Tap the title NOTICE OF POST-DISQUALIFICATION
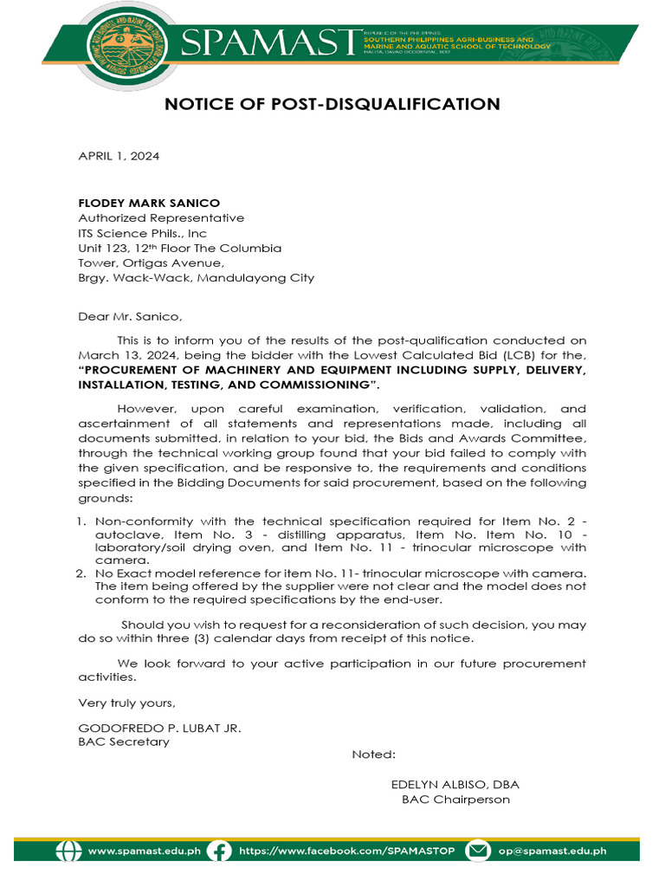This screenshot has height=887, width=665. [x=332, y=105]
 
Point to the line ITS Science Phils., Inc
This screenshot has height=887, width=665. [x=143, y=233]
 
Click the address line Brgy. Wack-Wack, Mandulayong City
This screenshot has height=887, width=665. [x=196, y=278]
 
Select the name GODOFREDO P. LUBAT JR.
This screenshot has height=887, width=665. [x=159, y=728]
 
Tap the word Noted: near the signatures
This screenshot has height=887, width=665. [x=373, y=754]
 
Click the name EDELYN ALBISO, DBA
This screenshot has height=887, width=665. [x=455, y=785]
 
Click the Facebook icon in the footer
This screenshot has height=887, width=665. [x=220, y=851]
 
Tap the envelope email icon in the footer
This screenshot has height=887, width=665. [x=478, y=851]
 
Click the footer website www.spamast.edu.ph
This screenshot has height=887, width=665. [x=144, y=851]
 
